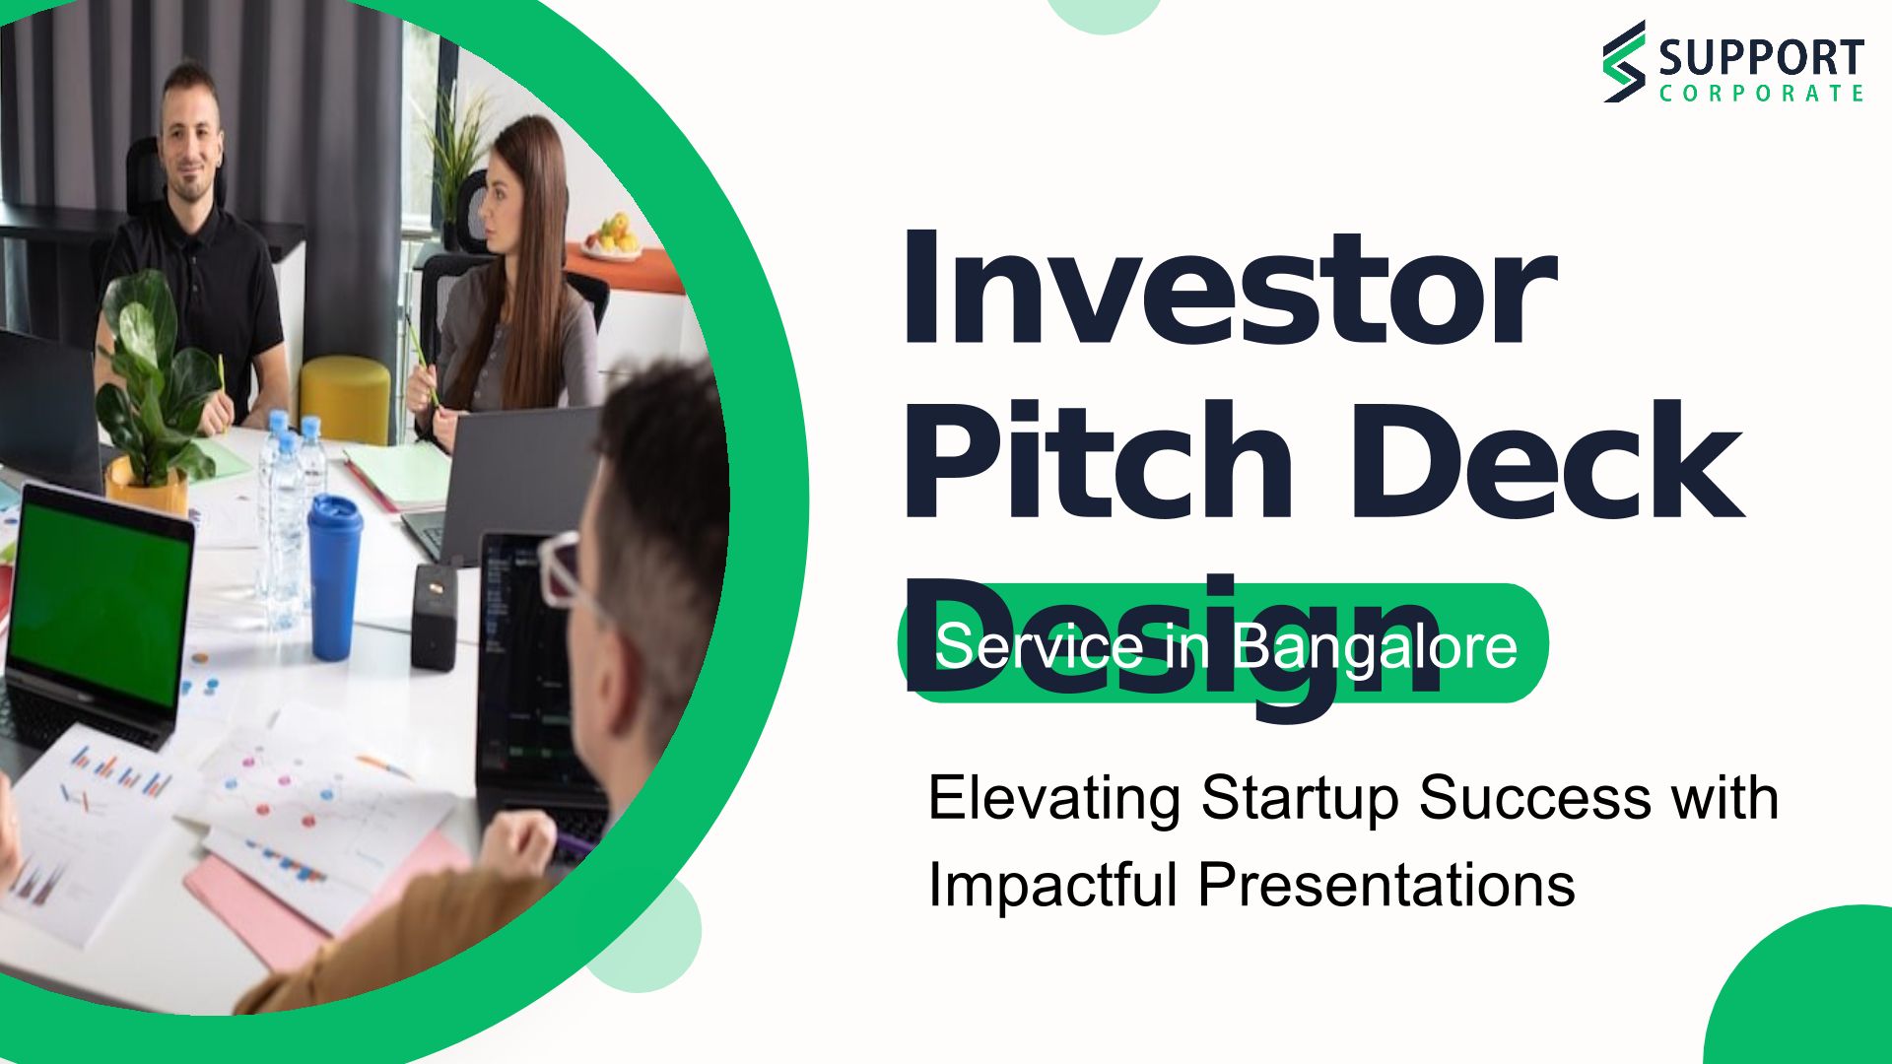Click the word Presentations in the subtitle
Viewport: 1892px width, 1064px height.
[1386, 884]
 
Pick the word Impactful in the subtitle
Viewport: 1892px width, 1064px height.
[1053, 884]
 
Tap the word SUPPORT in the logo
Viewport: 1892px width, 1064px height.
[1761, 58]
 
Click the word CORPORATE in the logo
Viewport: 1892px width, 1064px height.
[1761, 94]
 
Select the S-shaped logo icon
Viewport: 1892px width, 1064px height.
[1624, 61]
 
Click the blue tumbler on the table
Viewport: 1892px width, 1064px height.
[334, 576]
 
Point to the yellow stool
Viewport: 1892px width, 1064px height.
[345, 399]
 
